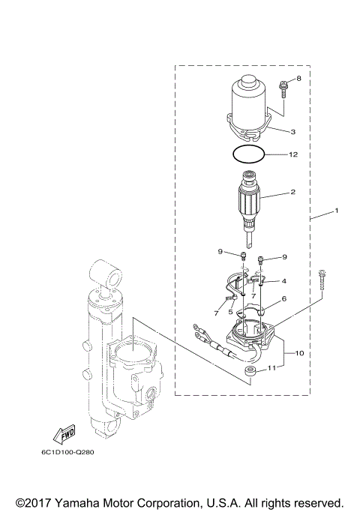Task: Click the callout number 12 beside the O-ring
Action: click(293, 155)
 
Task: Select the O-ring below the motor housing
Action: click(248, 154)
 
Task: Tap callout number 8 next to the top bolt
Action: click(298, 79)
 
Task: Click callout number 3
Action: click(293, 131)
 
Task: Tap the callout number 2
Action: click(293, 192)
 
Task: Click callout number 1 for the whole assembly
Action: click(336, 211)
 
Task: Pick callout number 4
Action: click(284, 281)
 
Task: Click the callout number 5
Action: click(231, 311)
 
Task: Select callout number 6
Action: click(284, 298)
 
